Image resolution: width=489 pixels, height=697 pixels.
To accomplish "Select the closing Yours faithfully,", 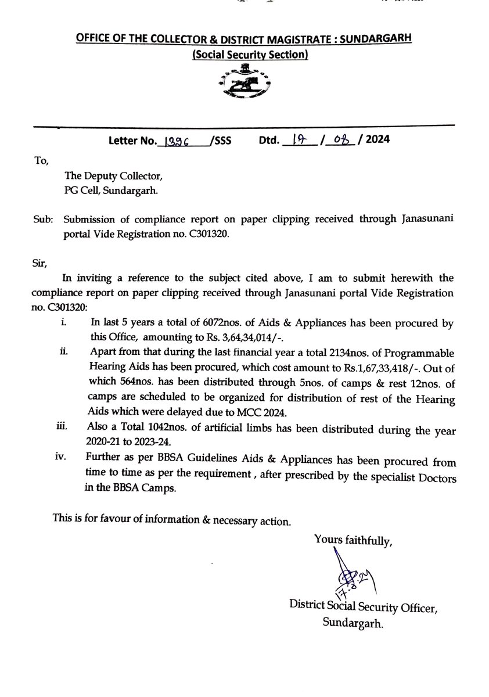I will coord(353,539).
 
